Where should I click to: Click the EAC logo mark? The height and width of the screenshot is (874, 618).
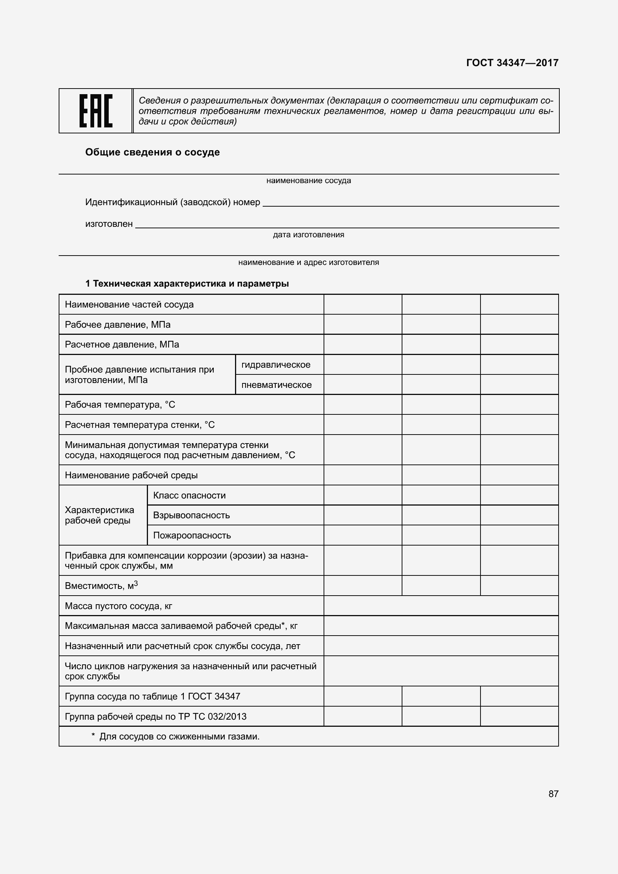pos(96,111)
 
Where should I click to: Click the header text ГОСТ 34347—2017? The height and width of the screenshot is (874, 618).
pos(512,63)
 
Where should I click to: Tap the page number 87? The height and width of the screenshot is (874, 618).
pos(553,794)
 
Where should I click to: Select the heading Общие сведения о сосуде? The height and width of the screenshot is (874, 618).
pos(152,152)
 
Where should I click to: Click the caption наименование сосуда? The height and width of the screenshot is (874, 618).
pos(309,180)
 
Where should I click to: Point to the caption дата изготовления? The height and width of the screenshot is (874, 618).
pos(309,235)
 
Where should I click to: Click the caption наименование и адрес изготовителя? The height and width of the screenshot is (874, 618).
pos(309,262)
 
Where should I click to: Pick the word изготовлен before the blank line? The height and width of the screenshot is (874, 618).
pos(109,224)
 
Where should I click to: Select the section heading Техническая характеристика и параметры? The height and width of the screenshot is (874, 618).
pos(191,284)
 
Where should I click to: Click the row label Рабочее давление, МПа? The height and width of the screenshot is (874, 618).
pos(118,325)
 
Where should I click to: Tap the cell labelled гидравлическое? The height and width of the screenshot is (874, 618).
pos(276,365)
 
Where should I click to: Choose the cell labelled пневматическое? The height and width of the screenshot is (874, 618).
pos(276,385)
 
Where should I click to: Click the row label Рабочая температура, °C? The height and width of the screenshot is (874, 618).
pos(120,405)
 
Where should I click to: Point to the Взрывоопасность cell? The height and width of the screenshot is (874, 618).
pos(191,515)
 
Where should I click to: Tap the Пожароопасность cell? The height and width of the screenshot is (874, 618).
pos(192,535)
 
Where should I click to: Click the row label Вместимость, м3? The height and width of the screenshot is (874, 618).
pos(101,586)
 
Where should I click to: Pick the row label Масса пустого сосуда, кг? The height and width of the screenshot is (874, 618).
pos(118,606)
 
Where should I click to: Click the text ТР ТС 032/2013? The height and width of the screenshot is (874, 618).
pos(212,716)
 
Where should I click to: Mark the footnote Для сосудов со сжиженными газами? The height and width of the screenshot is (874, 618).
pos(179,736)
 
